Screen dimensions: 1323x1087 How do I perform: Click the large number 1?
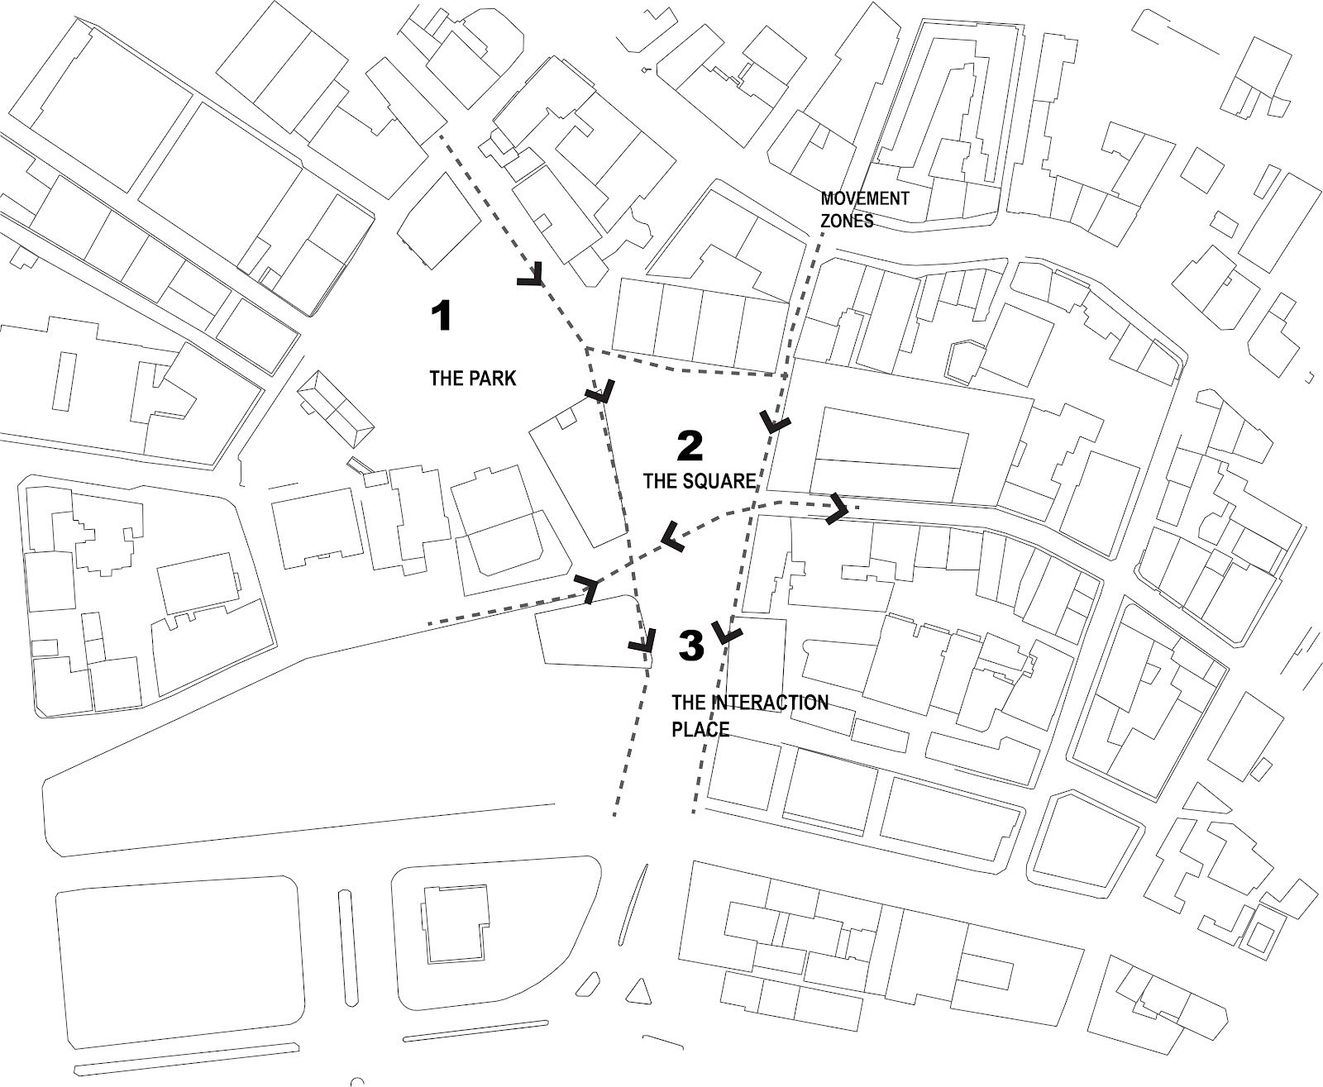442,316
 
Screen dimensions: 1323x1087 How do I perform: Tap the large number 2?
690,446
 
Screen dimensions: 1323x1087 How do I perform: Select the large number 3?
691,646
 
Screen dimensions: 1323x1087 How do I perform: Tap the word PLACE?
700,729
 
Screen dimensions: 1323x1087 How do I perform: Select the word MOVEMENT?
864,199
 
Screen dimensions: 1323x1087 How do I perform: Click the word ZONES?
847,222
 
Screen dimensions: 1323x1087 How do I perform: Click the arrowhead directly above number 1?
532,276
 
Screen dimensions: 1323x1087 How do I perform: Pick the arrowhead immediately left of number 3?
644,641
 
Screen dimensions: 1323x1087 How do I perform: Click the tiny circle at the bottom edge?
357,1082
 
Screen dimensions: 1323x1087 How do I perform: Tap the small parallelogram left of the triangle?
588,984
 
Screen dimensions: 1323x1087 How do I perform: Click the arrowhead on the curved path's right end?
838,508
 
